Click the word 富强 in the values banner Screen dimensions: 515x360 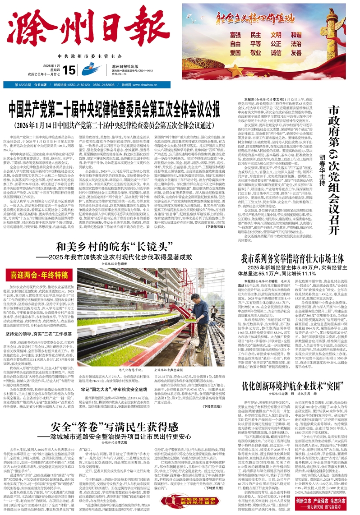click(x=235, y=35)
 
